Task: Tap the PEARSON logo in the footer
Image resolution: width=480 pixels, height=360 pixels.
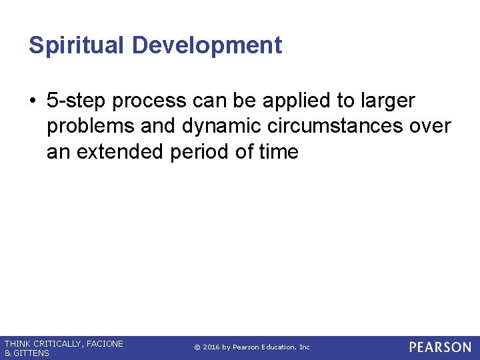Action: click(x=440, y=347)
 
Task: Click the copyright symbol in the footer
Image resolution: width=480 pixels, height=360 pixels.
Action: click(x=197, y=347)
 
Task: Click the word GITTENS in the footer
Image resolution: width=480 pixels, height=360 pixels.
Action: click(x=32, y=353)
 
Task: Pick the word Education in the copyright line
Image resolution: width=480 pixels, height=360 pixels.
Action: click(x=280, y=347)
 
